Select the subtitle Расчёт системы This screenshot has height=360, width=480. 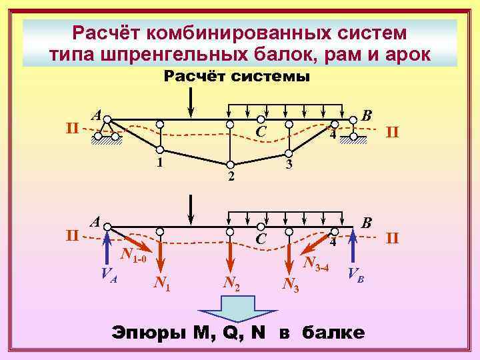[x=237, y=77]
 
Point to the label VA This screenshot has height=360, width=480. [x=109, y=273]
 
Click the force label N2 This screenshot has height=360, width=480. [x=231, y=285]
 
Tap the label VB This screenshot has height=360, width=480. [x=356, y=274]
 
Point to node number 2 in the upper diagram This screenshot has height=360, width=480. [x=231, y=176]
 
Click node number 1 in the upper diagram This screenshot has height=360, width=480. [x=160, y=162]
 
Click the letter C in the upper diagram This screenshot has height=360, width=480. [x=261, y=133]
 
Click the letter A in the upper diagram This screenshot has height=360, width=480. [x=97, y=115]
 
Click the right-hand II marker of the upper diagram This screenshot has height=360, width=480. [x=393, y=133]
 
